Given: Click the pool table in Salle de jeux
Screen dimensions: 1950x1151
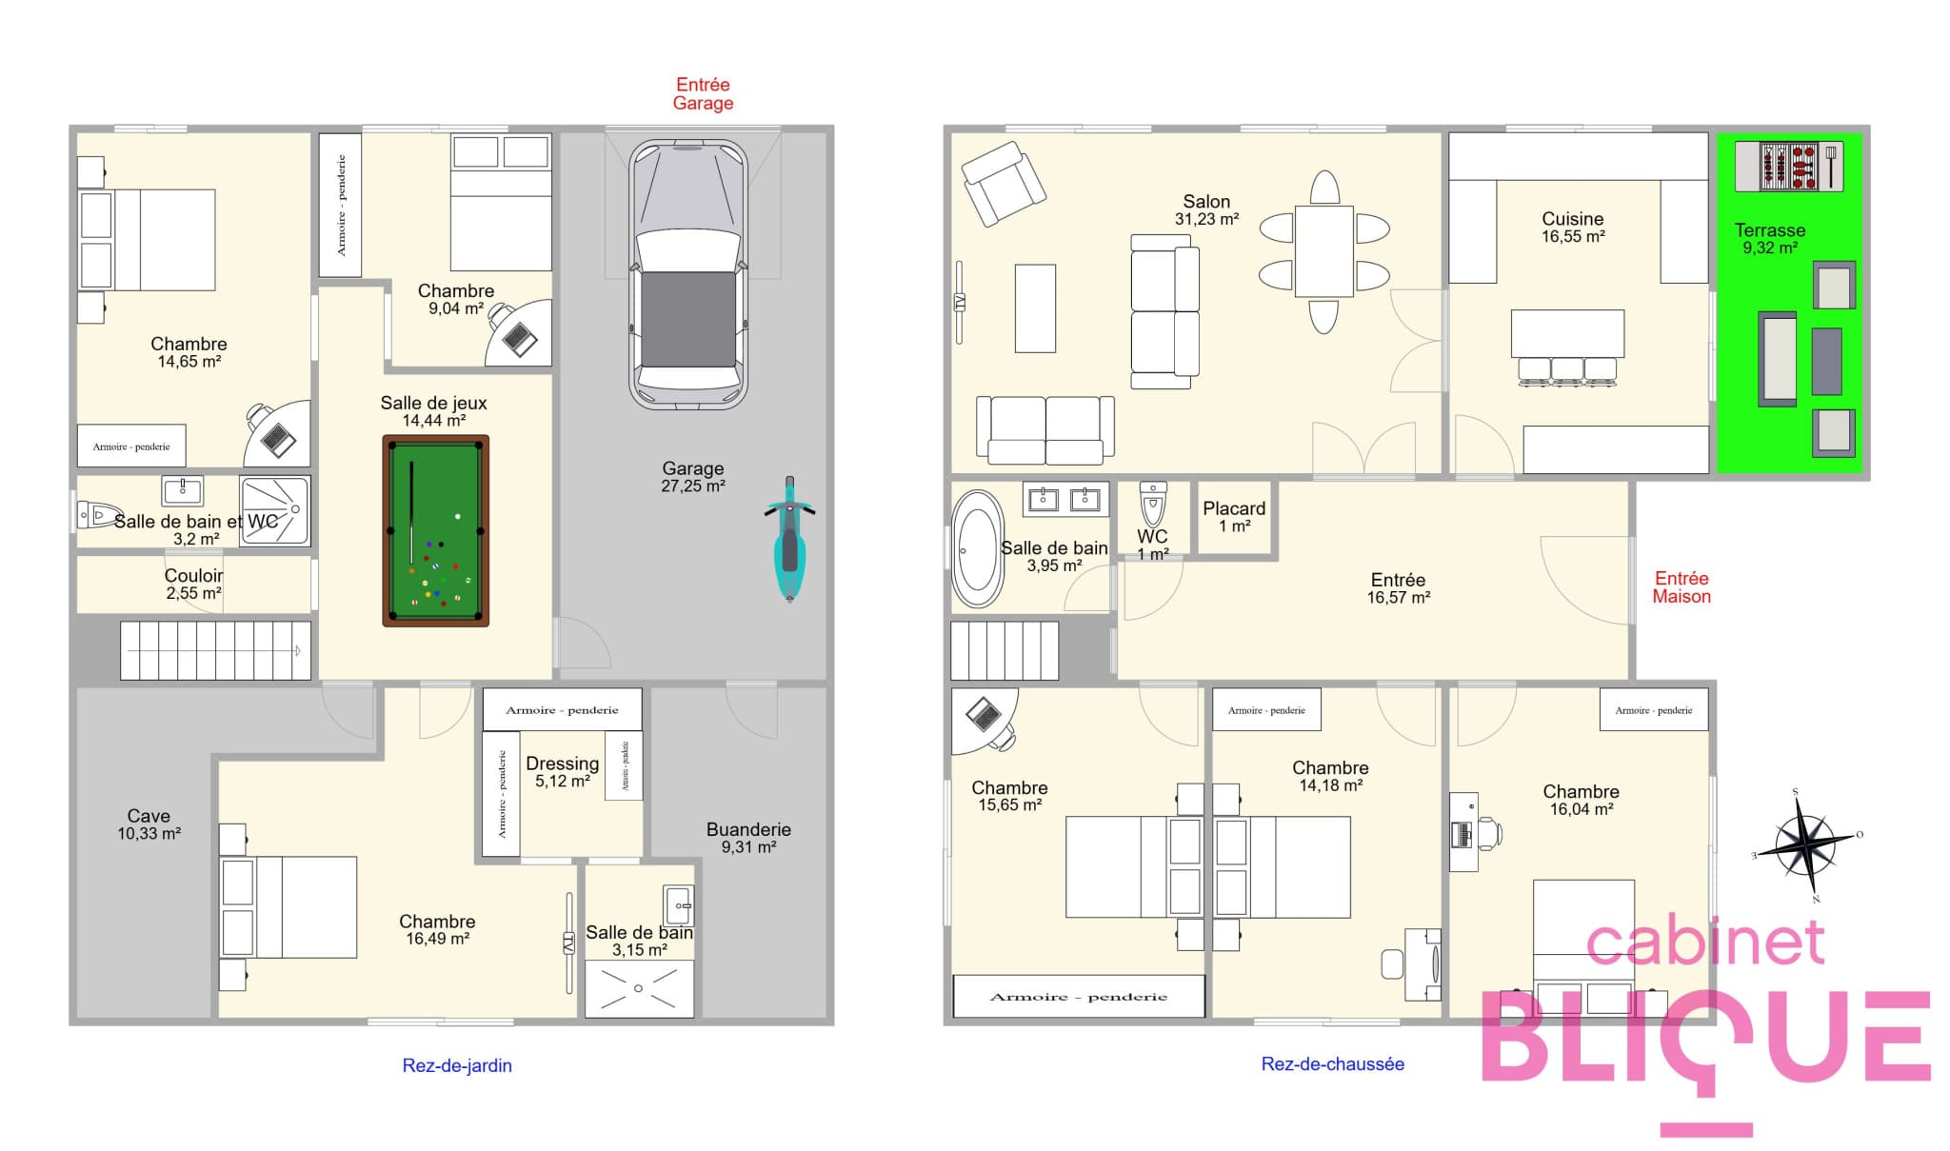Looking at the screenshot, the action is (x=435, y=530).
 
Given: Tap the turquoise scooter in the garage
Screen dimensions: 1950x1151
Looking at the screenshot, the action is (x=789, y=539).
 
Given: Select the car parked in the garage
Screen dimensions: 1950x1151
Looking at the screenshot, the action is (x=686, y=275).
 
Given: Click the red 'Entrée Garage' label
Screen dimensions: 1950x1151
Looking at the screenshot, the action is (x=703, y=94).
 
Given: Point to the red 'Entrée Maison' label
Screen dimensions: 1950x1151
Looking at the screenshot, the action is (x=1681, y=587).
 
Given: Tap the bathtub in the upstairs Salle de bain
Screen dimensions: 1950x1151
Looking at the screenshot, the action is (x=977, y=548).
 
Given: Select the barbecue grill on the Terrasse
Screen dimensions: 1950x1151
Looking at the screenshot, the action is (x=1789, y=166).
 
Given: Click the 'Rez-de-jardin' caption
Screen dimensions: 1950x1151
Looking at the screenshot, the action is (x=457, y=1065).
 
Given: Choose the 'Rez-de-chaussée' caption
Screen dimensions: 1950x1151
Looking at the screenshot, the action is (x=1332, y=1064).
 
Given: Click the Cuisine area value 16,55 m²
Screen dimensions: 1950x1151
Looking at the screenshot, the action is (x=1573, y=237).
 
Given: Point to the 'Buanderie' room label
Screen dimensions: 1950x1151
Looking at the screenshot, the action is (x=748, y=829).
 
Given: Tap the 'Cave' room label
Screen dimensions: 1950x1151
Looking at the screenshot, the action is (x=149, y=816).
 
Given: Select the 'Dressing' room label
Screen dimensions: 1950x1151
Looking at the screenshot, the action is (x=562, y=764).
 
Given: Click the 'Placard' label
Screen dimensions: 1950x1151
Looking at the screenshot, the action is (x=1234, y=508).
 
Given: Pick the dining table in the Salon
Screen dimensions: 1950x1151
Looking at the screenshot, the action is (x=1323, y=251).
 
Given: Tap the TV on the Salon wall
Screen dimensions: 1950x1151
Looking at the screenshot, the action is (x=960, y=302).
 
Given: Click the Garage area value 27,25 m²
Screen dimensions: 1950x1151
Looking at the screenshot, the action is (x=693, y=486).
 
